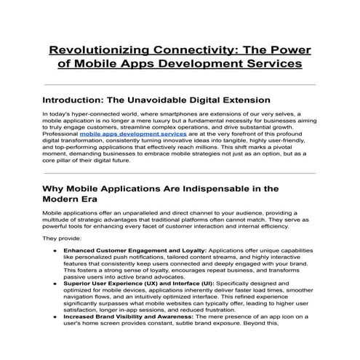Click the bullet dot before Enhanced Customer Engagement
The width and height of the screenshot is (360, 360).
pyautogui.click(x=55, y=250)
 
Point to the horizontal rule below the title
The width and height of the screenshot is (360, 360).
pyautogui.click(x=180, y=84)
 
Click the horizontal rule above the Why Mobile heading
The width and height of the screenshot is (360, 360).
pyautogui.click(x=180, y=173)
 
